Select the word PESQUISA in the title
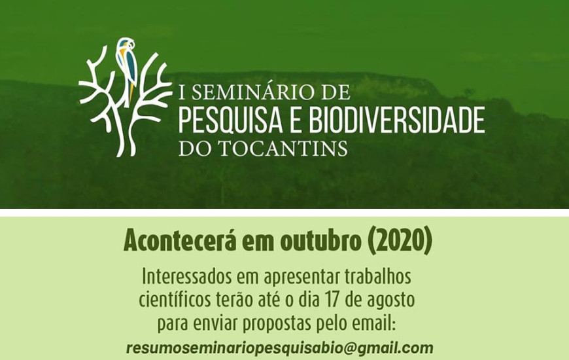click(230, 120)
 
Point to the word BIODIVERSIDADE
click(396, 120)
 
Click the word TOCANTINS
click(284, 148)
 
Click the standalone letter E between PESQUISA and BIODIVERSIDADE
click(296, 120)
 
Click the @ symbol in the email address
click(350, 348)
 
